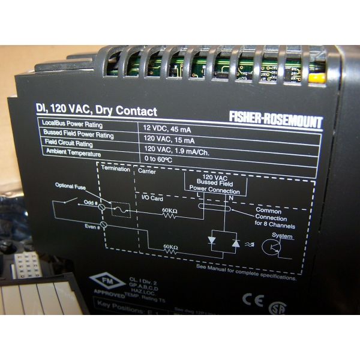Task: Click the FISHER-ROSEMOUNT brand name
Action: click(275, 119)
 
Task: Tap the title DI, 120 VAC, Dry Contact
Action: click(95, 111)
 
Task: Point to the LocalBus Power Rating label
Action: click(74, 125)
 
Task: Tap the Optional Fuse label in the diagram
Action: click(71, 187)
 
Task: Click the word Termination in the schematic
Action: click(116, 170)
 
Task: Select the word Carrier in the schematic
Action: click(148, 171)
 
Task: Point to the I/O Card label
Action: click(152, 197)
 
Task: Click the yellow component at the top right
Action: click(317, 77)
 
